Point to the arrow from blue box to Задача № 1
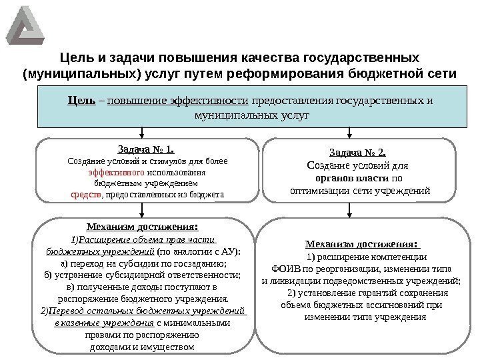click(141, 132)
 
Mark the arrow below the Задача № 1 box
click(141, 209)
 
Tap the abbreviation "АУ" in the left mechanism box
click(227, 252)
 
